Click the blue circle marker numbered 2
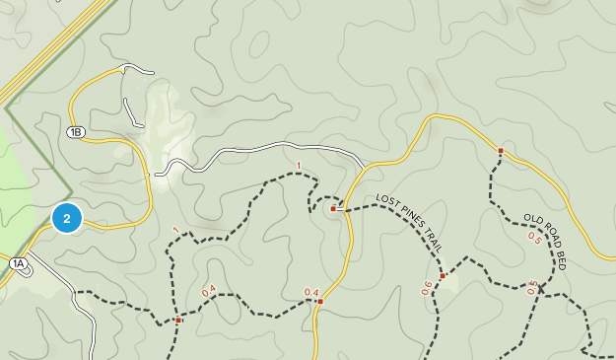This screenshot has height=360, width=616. [x=66, y=218]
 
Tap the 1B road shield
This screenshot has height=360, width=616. [x=76, y=131]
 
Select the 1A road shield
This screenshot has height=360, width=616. [x=18, y=263]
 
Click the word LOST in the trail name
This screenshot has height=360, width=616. [x=387, y=202]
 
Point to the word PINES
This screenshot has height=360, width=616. [x=411, y=216]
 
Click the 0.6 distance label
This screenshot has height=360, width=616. [x=427, y=287]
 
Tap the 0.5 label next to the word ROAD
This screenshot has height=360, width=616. [x=533, y=237]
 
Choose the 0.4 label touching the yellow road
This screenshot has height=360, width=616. [x=311, y=292]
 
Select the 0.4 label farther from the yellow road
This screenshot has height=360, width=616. [x=208, y=291]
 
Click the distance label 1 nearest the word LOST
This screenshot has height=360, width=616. [x=298, y=166]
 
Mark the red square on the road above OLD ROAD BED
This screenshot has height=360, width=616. [x=501, y=151]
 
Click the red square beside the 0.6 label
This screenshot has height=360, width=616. [x=443, y=276]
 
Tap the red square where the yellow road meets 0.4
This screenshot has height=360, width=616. [x=320, y=301]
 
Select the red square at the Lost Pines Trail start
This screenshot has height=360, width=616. [x=333, y=209]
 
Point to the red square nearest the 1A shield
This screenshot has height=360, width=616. [x=178, y=320]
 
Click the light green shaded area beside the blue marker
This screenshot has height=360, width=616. [x=20, y=187]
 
